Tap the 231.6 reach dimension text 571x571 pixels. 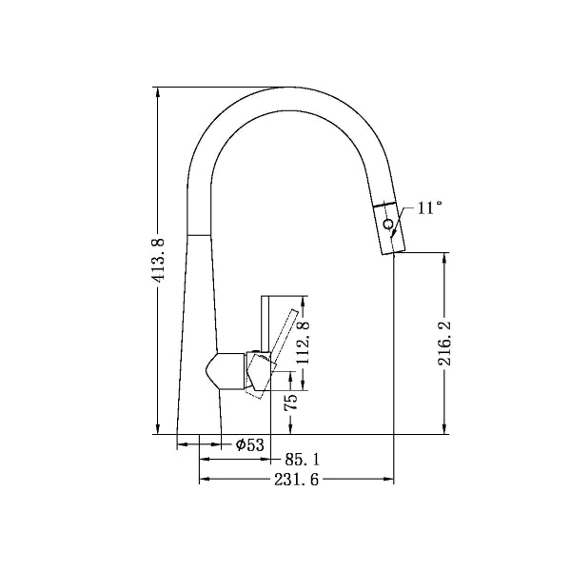point(296,481)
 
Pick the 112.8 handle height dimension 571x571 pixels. point(304,343)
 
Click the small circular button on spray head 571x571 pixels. point(387,225)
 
